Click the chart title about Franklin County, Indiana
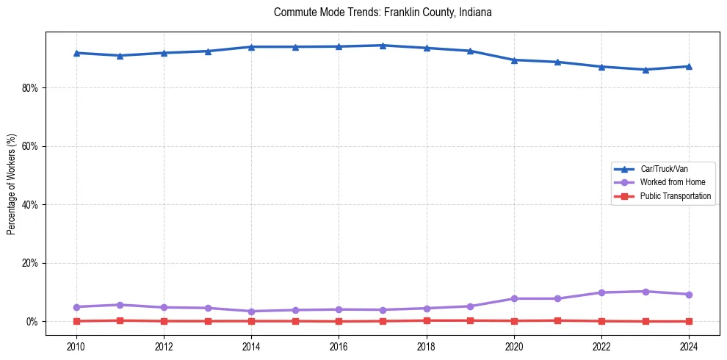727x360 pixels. click(x=382, y=12)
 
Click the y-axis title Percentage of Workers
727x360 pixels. click(x=11, y=184)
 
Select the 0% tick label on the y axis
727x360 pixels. click(x=32, y=322)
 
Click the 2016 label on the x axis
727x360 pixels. click(x=339, y=345)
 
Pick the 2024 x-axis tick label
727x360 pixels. click(x=689, y=345)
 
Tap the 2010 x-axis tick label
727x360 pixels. click(x=76, y=345)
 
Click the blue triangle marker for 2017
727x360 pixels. click(x=383, y=46)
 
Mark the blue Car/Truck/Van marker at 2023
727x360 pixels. click(x=645, y=70)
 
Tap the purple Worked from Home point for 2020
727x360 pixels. click(x=514, y=298)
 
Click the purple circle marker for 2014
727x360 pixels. click(x=251, y=312)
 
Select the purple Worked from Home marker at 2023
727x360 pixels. click(x=645, y=292)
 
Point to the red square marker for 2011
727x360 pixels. click(x=120, y=320)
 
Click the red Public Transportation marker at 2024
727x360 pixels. click(x=689, y=321)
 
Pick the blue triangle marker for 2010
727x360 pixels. click(x=76, y=53)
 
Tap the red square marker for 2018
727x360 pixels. click(x=427, y=320)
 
